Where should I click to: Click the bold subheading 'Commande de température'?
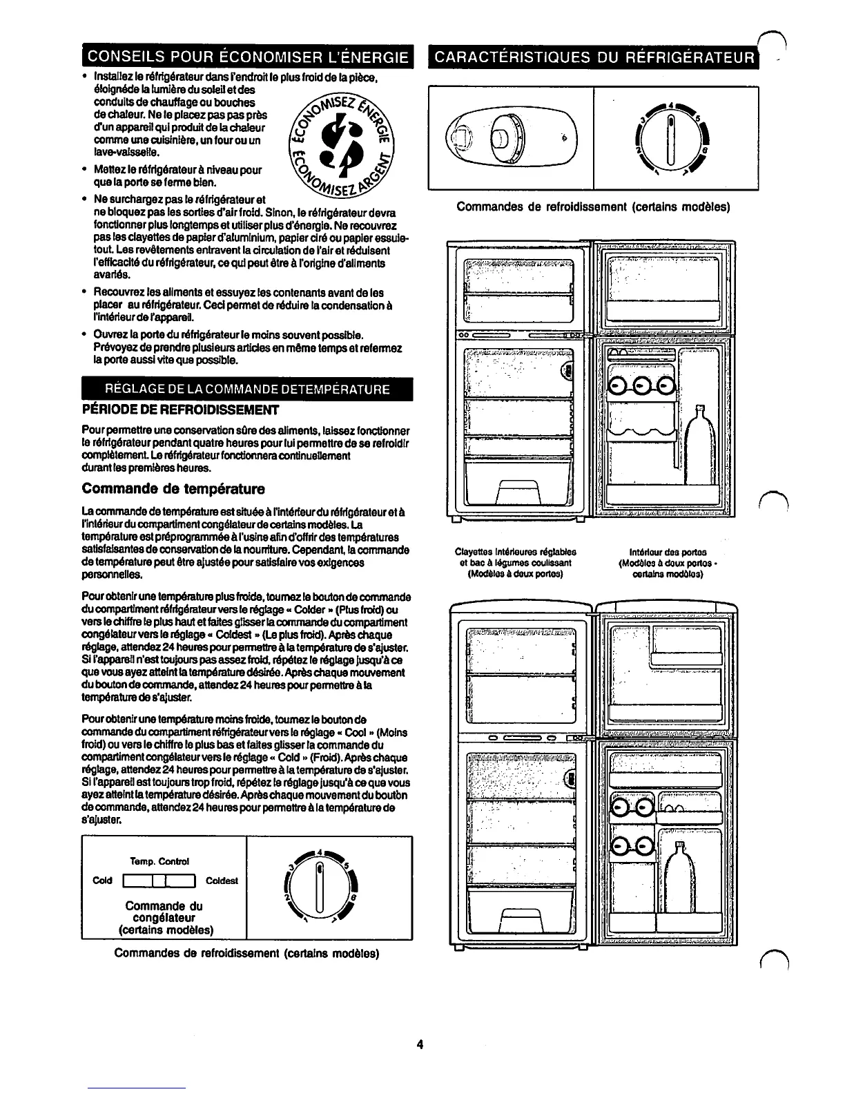point(163,490)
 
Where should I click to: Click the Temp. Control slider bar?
point(159,881)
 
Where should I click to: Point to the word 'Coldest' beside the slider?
point(222,881)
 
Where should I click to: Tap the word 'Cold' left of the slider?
point(102,881)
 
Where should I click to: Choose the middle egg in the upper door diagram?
point(641,387)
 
